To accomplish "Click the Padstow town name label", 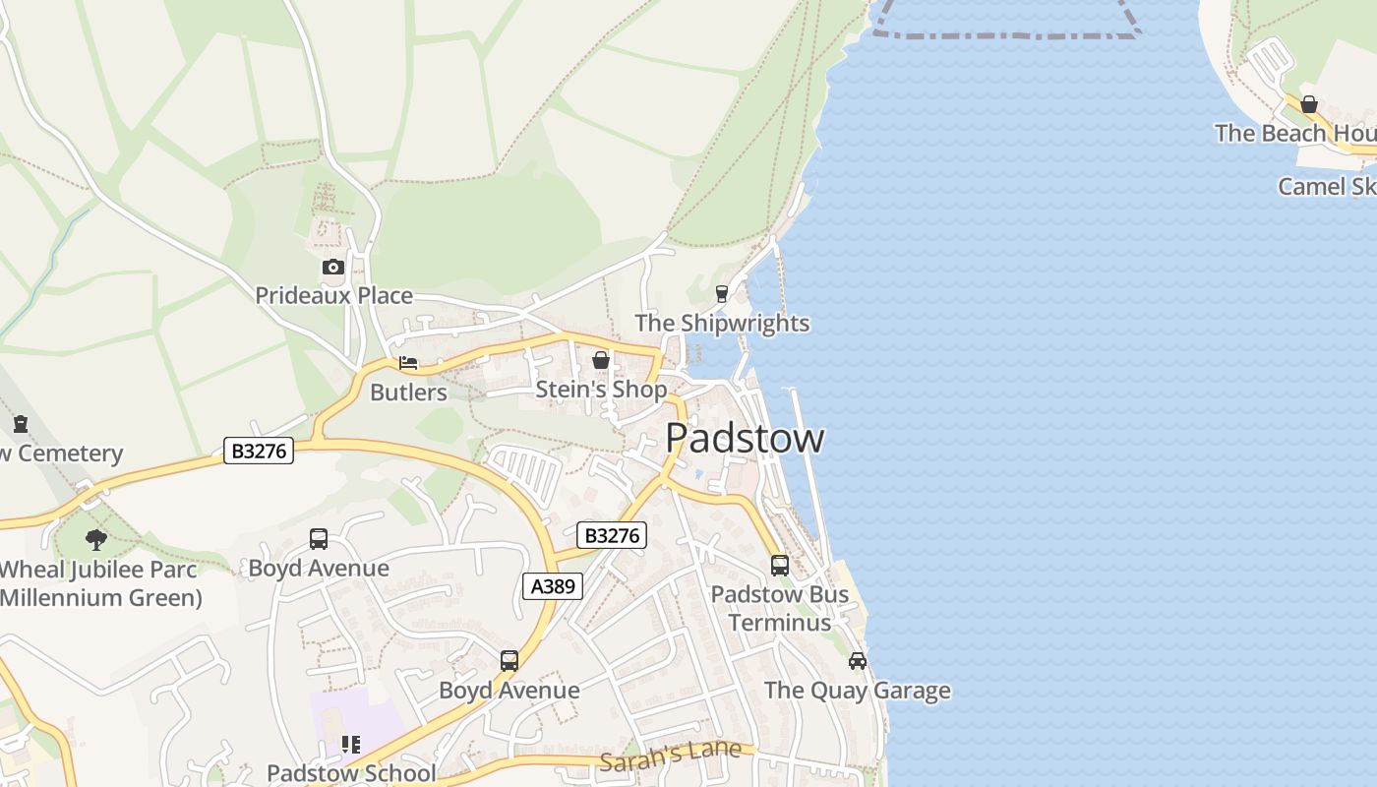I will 745,439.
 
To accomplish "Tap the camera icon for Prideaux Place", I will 332,268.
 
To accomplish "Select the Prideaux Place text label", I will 333,295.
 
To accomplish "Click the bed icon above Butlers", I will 408,364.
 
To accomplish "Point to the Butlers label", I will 408,393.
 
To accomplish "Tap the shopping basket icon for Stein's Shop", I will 601,361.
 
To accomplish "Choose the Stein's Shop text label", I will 601,390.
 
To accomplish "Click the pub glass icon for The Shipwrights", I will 722,294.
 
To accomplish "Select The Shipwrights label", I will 722,323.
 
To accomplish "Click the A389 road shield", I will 552,587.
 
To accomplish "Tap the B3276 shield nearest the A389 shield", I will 611,535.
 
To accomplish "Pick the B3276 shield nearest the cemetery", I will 259,451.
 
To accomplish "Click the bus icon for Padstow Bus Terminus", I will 780,566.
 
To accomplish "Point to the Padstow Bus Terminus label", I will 780,608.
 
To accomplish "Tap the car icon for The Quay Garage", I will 858,661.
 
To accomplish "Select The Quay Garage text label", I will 858,691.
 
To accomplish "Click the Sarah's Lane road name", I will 670,756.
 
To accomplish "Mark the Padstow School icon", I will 351,745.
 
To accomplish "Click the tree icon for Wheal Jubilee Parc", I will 96,539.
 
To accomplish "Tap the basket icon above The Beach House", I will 1309,104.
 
